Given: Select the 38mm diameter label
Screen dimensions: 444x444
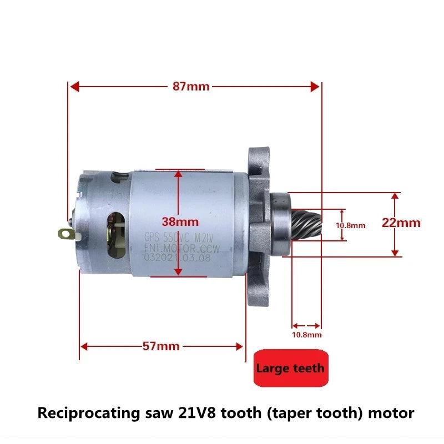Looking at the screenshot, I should pos(180,221).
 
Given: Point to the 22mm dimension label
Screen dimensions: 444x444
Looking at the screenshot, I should pos(401,223).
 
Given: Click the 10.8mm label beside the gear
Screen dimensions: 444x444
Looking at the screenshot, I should pos(350,225).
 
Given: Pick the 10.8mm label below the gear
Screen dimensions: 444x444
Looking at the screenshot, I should pos(306,335).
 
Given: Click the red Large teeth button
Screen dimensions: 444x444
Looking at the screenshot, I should pos(290,367).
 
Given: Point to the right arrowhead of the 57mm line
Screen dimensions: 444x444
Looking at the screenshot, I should pos(239,346).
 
